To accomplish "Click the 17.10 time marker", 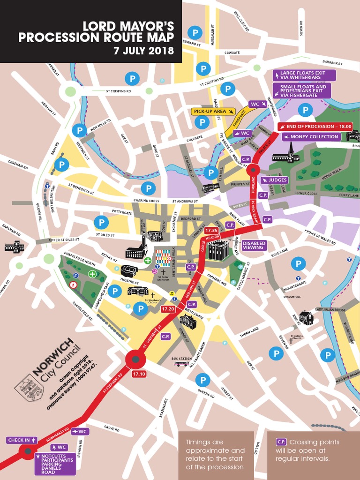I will [x=139, y=374].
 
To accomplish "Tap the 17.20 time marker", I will [x=168, y=309].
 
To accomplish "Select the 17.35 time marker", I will [x=211, y=231].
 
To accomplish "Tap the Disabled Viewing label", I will [x=254, y=245].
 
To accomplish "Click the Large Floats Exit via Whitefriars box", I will [x=305, y=75].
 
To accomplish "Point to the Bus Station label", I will [x=181, y=359].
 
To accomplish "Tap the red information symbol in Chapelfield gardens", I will [x=73, y=285].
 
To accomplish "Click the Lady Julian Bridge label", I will [x=330, y=309].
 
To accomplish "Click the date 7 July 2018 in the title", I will [x=144, y=50].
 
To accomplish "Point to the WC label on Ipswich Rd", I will [x=62, y=447].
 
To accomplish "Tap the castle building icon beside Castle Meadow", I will [x=218, y=250].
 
